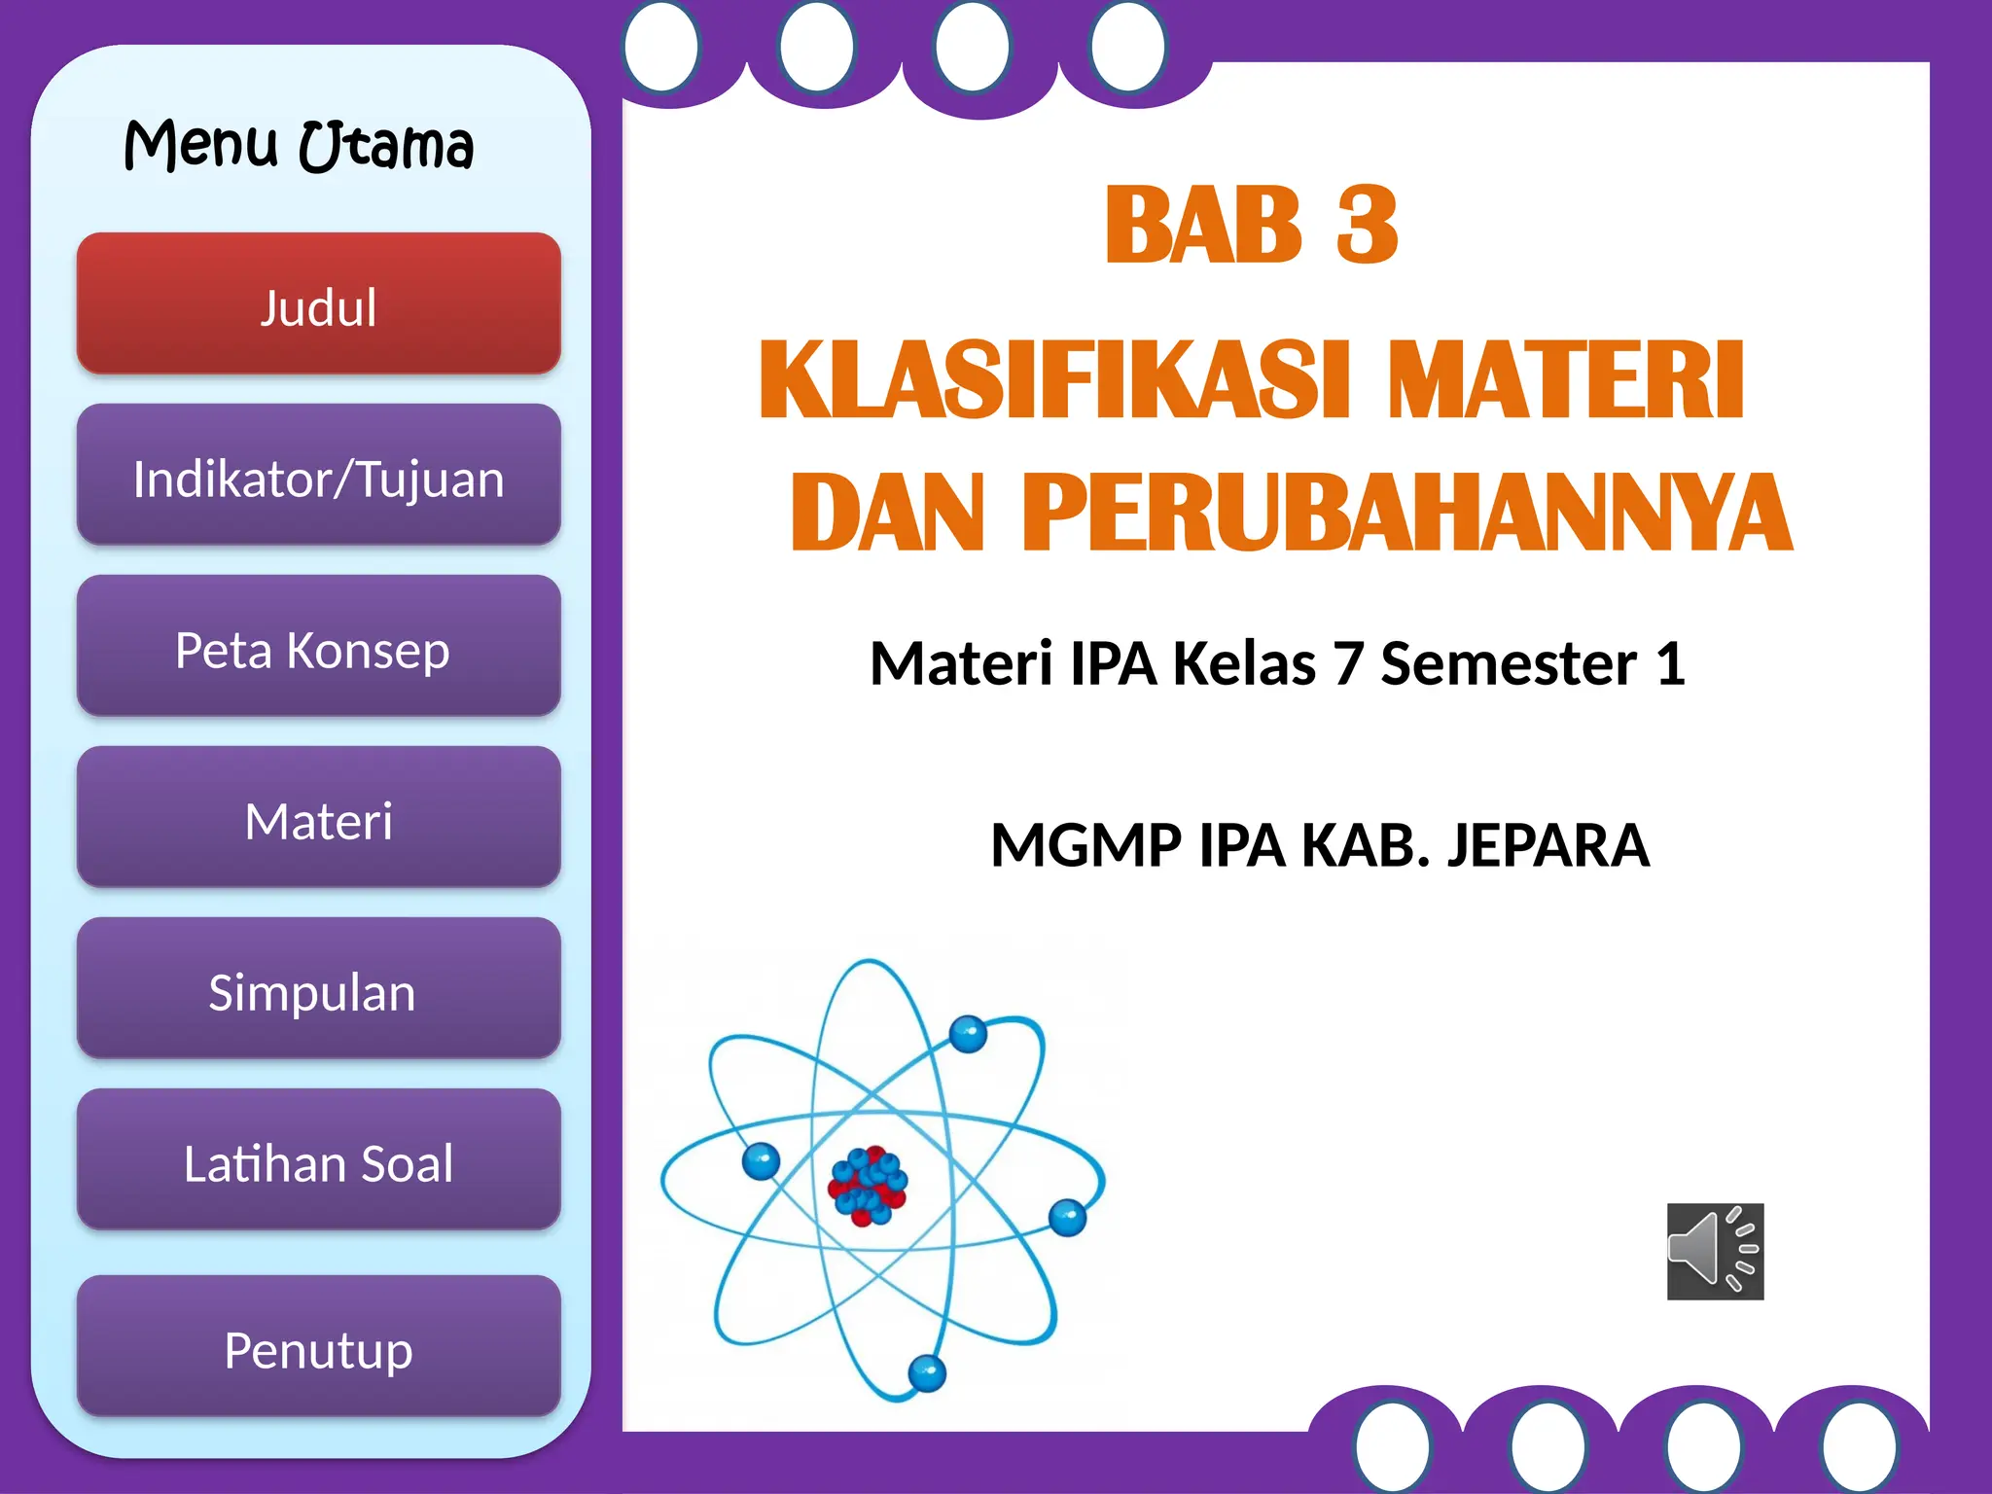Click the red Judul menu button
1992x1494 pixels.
[318, 304]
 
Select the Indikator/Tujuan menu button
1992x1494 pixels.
[318, 477]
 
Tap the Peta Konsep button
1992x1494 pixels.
[318, 648]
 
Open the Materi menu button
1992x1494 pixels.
[318, 819]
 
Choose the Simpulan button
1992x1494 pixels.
[318, 990]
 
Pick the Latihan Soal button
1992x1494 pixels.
[318, 1161]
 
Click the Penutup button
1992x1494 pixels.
[318, 1348]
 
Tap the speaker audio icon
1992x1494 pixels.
[1715, 1251]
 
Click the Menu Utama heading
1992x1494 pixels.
[299, 146]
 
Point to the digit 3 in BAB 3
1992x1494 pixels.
[1367, 226]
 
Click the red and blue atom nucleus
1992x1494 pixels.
[867, 1185]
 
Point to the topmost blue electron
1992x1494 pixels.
[968, 1033]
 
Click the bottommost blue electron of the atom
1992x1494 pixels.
[927, 1373]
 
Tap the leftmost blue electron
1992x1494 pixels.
[761, 1159]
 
